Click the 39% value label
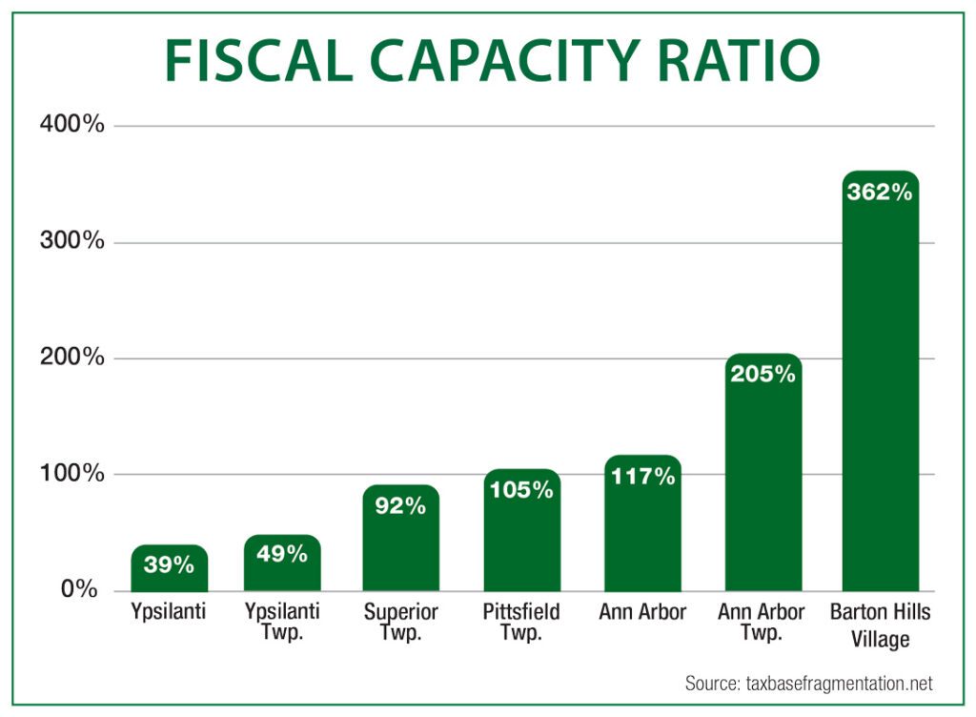169,564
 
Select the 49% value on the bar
282,553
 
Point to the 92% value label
400,505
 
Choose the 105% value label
521,490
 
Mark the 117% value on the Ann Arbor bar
642,476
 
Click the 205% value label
762,374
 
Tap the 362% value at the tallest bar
880,192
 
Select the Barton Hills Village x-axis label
880,625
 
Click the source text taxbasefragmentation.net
808,684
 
